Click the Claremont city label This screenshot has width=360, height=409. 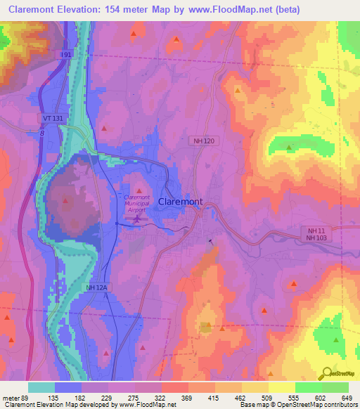click(x=181, y=201)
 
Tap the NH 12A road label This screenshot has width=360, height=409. click(x=96, y=287)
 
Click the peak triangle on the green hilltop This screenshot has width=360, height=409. click(x=290, y=148)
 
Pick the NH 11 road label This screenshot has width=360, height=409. click(x=316, y=230)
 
